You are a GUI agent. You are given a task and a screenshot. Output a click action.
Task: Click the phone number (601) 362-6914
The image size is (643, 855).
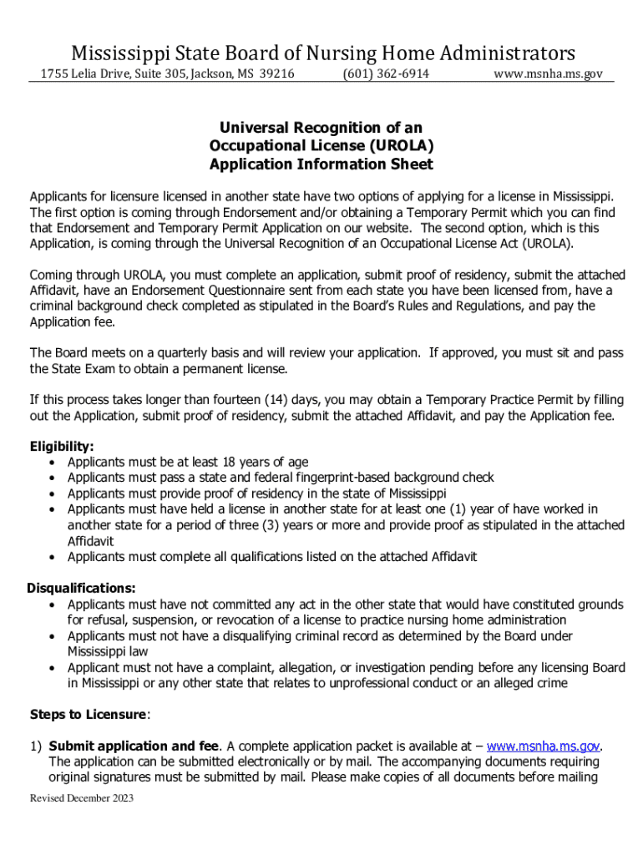385,74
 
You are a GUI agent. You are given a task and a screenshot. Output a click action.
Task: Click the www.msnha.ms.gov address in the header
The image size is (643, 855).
547,74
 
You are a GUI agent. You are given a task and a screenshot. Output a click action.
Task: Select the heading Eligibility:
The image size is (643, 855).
62,447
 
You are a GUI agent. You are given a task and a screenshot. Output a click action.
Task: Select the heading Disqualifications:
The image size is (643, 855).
82,588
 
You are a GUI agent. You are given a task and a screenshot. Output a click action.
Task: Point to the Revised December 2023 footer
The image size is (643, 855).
82,798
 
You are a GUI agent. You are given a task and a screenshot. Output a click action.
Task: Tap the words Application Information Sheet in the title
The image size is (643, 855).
321,164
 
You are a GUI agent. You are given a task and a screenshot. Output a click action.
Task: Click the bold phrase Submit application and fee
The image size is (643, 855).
134,746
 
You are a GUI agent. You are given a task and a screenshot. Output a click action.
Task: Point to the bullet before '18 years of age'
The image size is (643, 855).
53,462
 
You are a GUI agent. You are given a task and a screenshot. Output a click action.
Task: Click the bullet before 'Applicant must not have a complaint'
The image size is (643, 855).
53,667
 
